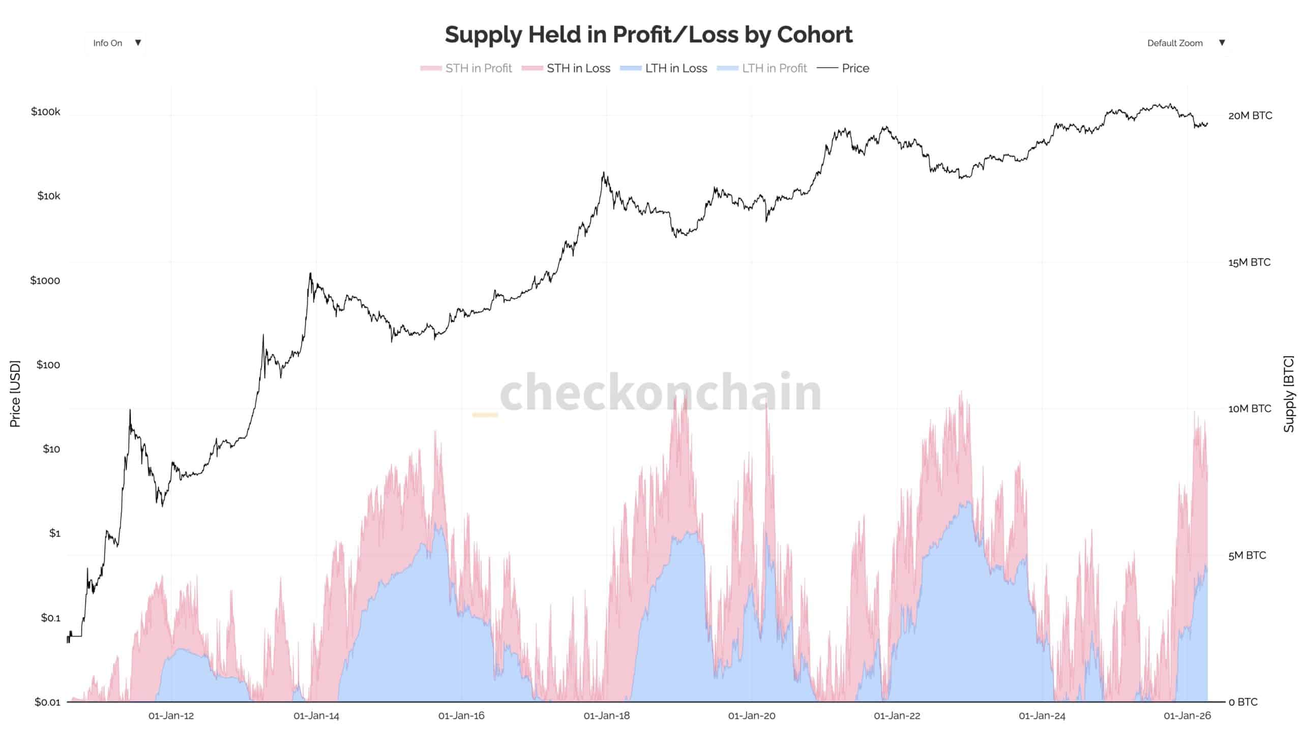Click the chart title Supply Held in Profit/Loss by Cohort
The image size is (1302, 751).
pos(648,35)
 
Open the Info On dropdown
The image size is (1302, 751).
pos(115,43)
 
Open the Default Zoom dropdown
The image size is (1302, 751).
pos(1185,43)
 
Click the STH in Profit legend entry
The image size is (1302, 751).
pos(466,68)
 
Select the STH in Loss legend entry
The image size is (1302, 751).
pos(566,68)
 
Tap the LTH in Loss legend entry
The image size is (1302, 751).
pos(663,68)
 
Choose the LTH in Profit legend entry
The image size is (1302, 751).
pos(762,68)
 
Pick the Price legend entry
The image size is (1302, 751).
pos(843,68)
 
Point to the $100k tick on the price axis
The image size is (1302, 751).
pos(45,111)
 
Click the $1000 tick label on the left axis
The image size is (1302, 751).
pos(45,281)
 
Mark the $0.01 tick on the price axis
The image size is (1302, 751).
pos(47,702)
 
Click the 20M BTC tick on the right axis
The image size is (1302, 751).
pos(1250,115)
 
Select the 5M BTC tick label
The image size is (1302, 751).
pos(1247,556)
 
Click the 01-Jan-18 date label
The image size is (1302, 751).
pos(607,716)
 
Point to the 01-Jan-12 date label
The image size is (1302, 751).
pos(171,716)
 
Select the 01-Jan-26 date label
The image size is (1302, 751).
pos(1187,716)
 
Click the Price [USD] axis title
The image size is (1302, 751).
pos(15,394)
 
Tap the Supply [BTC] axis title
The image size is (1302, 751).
pos(1289,394)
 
